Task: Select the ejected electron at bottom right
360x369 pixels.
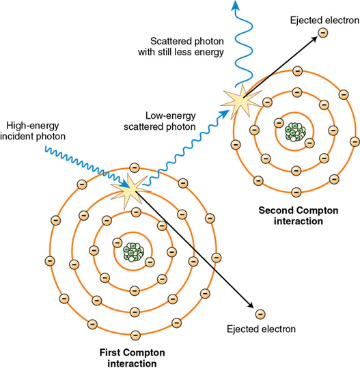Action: pos(260,314)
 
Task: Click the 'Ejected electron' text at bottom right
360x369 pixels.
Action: pos(261,329)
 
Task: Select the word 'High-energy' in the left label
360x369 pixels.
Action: pos(33,126)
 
